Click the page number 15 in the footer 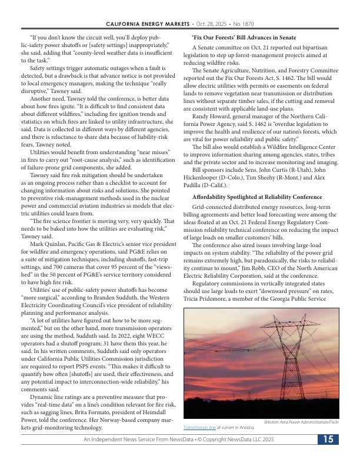[327, 440]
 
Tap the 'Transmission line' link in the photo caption [201, 428]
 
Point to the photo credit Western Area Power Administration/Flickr [301, 422]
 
